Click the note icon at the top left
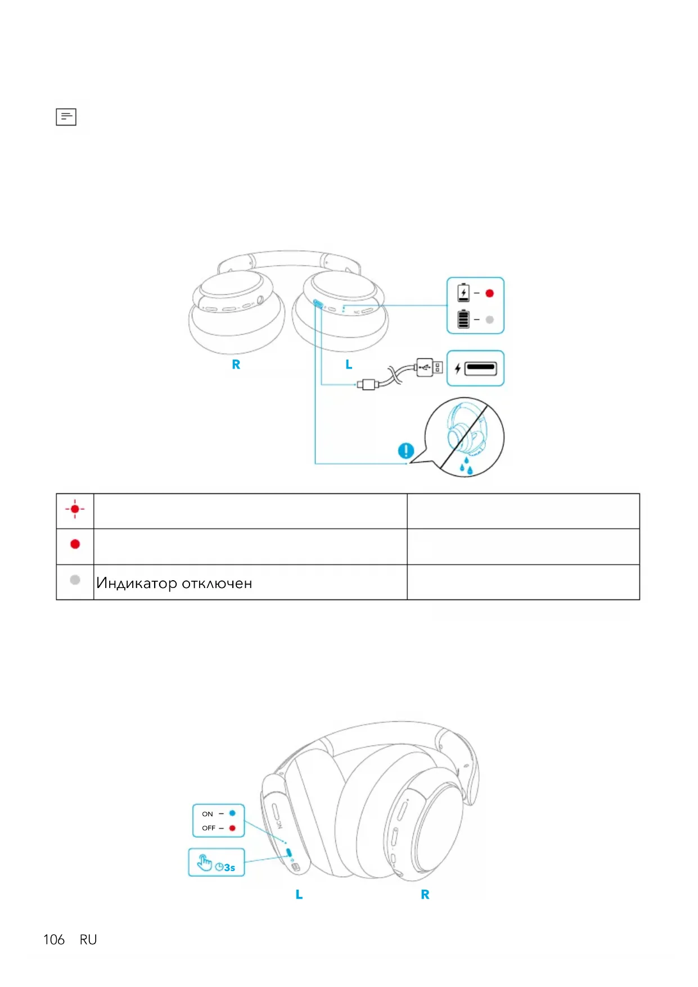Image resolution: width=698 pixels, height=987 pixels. pos(66,116)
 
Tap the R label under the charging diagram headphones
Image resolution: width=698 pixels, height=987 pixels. pos(236,365)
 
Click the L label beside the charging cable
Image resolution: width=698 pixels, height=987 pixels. pos(349,365)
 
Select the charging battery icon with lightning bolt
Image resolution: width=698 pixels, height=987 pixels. pos(463,293)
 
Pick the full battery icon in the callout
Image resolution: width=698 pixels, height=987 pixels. pos(463,318)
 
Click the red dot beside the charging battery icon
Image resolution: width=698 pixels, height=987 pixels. pos(489,293)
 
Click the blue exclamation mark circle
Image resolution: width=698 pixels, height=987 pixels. pos(406,451)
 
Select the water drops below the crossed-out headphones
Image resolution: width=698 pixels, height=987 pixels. pos(466,466)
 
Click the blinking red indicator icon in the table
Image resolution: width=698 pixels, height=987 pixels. pos(75,509)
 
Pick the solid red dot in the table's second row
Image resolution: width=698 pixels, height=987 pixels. pos(75,544)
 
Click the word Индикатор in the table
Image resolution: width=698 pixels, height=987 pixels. pos(137,583)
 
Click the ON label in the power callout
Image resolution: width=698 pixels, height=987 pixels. pos(208,814)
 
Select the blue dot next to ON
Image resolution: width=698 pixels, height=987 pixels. pos(232,813)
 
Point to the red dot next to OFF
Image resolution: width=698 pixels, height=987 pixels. pos(232,828)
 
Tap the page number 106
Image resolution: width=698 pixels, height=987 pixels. pos(54,940)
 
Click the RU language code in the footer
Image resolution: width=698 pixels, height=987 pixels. pos(88,940)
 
